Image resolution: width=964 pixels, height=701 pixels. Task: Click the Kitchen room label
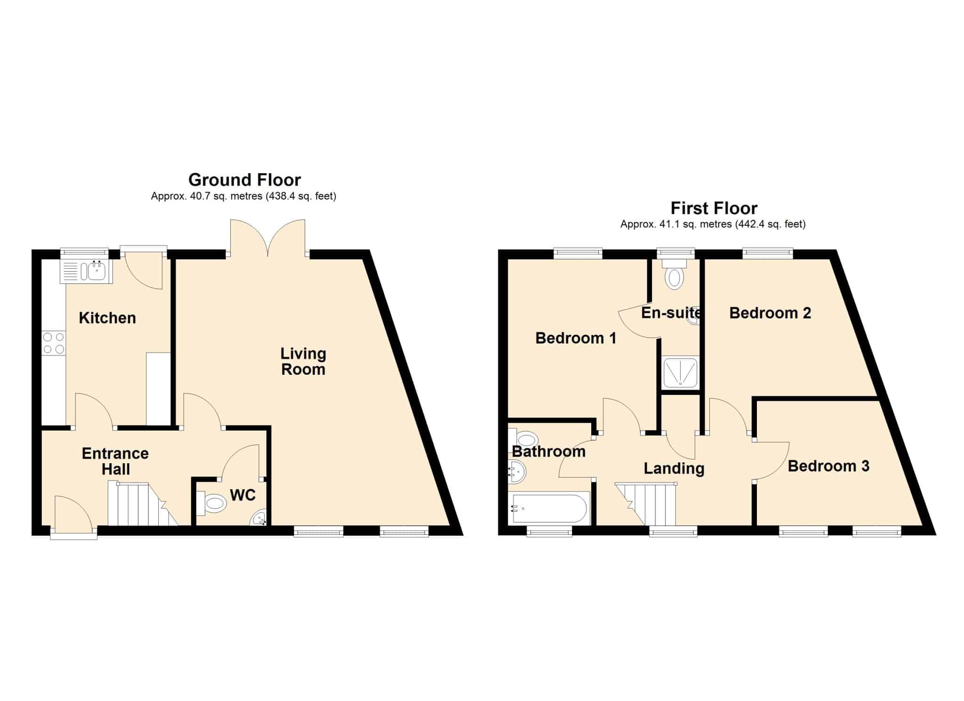(x=107, y=318)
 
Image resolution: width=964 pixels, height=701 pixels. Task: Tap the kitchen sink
(x=86, y=272)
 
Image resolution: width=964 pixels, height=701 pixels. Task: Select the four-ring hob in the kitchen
(x=54, y=343)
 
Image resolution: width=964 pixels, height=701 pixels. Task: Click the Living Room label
(x=303, y=362)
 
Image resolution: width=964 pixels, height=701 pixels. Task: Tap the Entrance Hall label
(x=115, y=461)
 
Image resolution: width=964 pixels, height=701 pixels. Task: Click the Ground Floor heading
(x=244, y=180)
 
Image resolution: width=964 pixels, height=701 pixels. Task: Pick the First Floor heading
(x=714, y=208)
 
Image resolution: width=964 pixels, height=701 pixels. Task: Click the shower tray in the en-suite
(x=681, y=372)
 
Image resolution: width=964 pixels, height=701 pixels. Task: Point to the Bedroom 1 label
(x=576, y=338)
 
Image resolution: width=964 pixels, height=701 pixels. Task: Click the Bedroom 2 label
(x=770, y=313)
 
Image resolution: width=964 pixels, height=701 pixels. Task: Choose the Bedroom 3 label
(x=828, y=466)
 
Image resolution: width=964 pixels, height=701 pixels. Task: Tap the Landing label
(x=674, y=468)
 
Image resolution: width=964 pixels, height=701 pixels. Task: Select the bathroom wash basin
(x=517, y=472)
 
